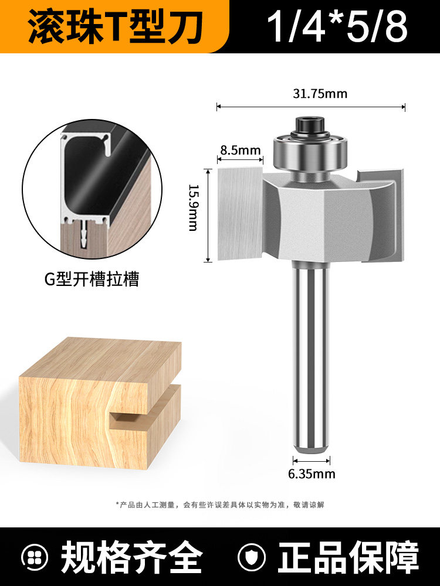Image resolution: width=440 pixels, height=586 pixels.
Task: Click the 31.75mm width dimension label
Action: point(320,93)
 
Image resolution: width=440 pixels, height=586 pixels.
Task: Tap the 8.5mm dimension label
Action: point(240,150)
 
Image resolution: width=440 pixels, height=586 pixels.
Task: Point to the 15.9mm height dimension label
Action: point(193,207)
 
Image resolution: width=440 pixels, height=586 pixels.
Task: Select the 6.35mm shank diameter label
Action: point(312,474)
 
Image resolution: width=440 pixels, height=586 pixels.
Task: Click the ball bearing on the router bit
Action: point(310,151)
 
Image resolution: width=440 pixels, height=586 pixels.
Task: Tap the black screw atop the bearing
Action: point(310,125)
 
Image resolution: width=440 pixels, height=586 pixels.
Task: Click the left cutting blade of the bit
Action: point(240,213)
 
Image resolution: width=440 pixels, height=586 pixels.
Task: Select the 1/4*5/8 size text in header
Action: point(337,26)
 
